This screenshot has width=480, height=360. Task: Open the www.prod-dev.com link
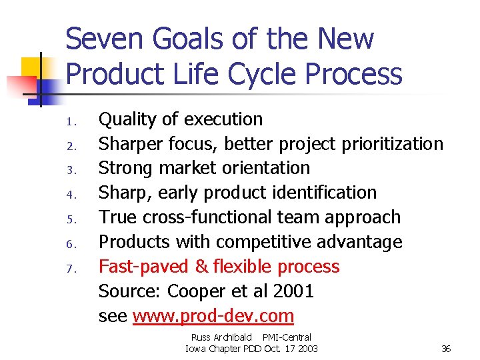pyautogui.click(x=213, y=316)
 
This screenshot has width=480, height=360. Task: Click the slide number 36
pyautogui.click(x=446, y=349)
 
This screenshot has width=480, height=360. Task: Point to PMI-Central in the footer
pyautogui.click(x=287, y=338)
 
